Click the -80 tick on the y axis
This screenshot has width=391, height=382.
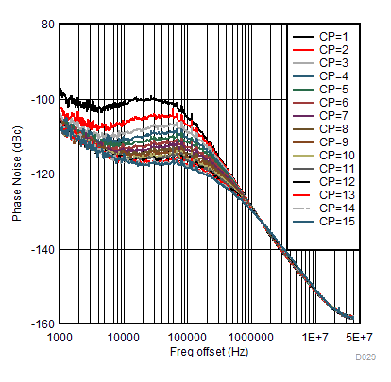tap(43, 24)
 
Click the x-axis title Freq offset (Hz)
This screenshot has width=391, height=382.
tap(209, 352)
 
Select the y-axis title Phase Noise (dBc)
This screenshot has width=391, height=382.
tap(17, 174)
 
